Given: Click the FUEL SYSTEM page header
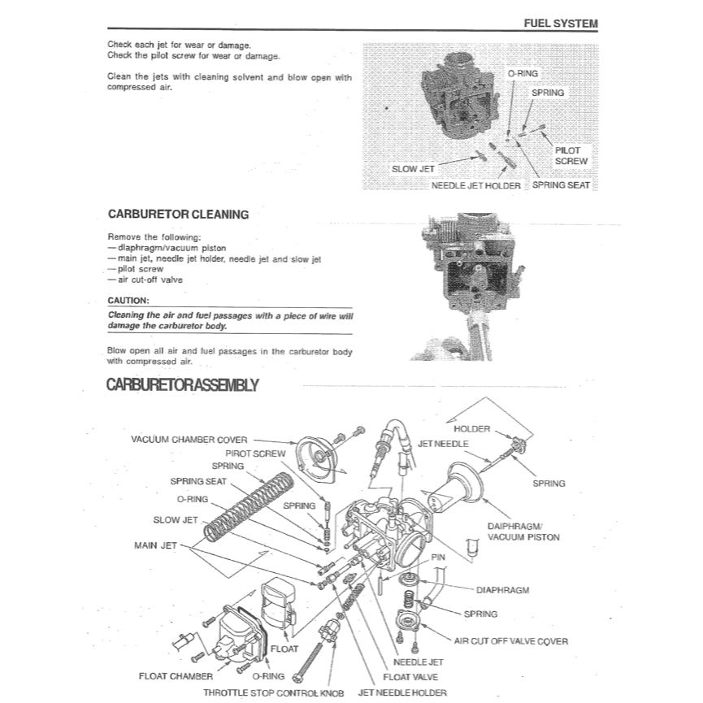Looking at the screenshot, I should coord(560,23).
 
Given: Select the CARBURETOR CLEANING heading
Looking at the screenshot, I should coord(178,215).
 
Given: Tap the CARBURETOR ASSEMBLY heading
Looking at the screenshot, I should coord(182,384).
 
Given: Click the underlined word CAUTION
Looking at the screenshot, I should coord(128,300).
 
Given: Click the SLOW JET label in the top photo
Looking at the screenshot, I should coord(413,169).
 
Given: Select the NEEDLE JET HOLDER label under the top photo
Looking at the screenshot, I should coord(475,185).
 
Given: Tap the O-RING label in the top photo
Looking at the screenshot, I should coord(523,73).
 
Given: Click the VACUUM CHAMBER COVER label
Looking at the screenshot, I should coord(189,439).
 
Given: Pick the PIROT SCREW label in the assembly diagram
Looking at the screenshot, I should coord(255,453).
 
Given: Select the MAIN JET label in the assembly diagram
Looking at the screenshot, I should coord(156,545).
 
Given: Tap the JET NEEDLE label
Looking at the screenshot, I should coord(443,445).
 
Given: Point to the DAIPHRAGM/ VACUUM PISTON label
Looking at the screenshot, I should coord(523,532).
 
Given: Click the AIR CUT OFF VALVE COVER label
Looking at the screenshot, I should coord(511,641).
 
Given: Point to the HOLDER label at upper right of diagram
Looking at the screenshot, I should coord(471,428).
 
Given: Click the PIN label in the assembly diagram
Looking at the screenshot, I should coord(438,558).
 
